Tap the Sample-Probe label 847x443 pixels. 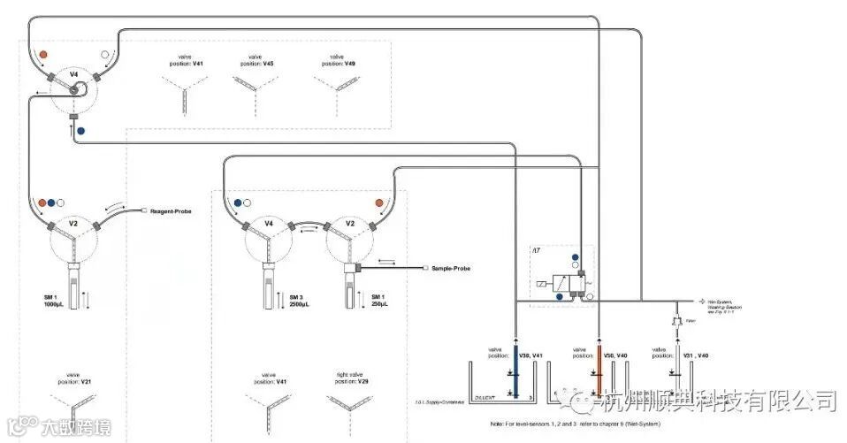pos(450,267)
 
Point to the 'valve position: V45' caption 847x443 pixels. pos(256,60)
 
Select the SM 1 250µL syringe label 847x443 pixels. pos(378,301)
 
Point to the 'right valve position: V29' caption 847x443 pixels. pos(352,378)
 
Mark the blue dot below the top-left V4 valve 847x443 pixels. pos(81,131)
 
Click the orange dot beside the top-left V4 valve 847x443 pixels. pos(43,55)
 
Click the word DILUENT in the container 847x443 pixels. pos(487,398)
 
